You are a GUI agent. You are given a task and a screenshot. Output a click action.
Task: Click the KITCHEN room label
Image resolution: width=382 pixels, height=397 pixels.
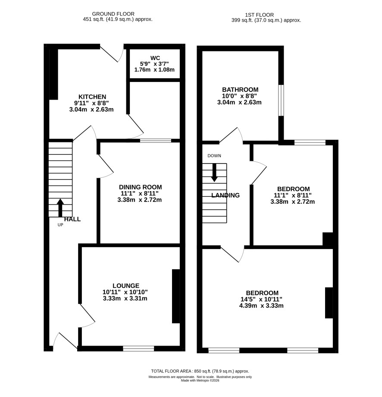click(92, 97)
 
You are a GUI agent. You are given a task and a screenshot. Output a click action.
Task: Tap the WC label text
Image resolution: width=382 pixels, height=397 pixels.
click(155, 58)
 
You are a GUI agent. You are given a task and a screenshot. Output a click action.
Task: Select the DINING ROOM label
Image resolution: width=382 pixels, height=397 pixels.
click(141, 187)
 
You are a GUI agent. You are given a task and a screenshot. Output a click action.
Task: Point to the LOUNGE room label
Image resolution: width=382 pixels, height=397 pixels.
click(126, 286)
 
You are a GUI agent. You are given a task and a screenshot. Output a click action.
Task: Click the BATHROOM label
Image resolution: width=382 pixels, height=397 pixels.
click(240, 90)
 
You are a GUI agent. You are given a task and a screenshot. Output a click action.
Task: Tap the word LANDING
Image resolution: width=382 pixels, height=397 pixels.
click(225, 195)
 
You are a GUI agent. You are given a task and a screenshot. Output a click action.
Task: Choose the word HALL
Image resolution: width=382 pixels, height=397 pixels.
click(72, 219)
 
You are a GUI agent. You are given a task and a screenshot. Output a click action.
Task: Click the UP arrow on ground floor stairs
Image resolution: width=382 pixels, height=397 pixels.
click(60, 208)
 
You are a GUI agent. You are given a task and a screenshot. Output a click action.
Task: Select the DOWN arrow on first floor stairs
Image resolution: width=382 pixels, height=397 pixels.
click(214, 173)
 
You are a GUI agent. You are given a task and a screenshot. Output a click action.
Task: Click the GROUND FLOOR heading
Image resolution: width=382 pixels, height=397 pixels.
click(113, 14)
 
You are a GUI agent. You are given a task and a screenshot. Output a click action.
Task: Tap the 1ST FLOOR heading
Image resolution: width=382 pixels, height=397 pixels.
click(259, 15)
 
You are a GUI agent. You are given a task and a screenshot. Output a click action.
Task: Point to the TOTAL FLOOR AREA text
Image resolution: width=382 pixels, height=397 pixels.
click(171, 371)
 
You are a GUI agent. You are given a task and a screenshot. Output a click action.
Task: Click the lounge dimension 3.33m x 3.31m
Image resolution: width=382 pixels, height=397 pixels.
click(125, 298)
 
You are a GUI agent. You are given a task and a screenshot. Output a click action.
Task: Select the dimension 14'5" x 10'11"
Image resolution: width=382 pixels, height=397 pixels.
click(261, 299)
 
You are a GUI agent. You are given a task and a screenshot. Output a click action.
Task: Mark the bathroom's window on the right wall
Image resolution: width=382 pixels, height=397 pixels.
click(281, 100)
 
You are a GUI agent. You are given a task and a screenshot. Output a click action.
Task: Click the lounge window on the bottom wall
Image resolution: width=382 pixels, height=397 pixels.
click(139, 349)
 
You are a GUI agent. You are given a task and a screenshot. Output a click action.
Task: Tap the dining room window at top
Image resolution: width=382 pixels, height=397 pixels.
click(156, 141)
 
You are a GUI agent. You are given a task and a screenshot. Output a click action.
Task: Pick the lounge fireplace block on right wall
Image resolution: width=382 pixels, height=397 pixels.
click(176, 296)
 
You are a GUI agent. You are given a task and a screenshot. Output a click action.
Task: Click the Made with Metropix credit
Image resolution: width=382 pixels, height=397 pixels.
click(200, 380)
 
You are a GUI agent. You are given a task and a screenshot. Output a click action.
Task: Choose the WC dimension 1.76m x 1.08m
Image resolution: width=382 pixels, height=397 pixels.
click(154, 70)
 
